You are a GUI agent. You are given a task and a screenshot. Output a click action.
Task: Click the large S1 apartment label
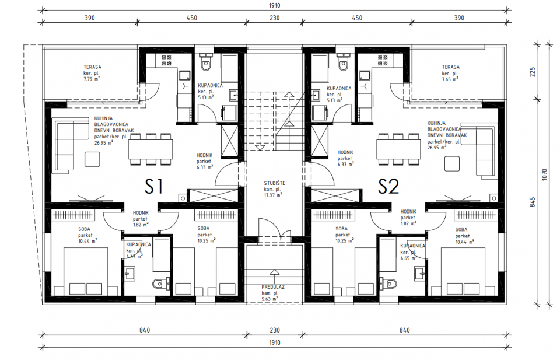click(x=154, y=186)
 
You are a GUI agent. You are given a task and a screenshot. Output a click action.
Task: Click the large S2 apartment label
click(x=388, y=186)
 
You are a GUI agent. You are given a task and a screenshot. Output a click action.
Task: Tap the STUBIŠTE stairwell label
click(x=274, y=183)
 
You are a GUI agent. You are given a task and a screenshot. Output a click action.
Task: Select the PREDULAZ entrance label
click(x=273, y=287)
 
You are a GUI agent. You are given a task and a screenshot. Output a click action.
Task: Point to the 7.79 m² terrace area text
click(x=92, y=79)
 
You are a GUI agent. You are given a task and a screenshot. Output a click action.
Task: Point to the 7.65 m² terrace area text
click(x=450, y=79)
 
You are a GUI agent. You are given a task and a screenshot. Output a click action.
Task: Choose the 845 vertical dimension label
click(x=533, y=202)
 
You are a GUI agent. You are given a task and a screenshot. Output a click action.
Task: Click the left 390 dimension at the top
click(x=90, y=18)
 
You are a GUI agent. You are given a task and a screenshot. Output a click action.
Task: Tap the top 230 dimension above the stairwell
click(x=274, y=18)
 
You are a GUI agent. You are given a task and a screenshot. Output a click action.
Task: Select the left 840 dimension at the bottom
click(x=145, y=330)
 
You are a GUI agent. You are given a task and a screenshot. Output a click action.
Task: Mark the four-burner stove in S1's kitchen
click(x=166, y=60)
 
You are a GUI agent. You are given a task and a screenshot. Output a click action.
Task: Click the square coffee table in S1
click(x=93, y=159)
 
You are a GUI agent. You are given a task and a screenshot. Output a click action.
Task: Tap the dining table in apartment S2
click(x=398, y=149)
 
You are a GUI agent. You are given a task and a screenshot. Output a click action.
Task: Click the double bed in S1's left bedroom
click(x=86, y=271)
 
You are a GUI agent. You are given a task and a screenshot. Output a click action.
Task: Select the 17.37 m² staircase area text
click(x=274, y=195)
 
